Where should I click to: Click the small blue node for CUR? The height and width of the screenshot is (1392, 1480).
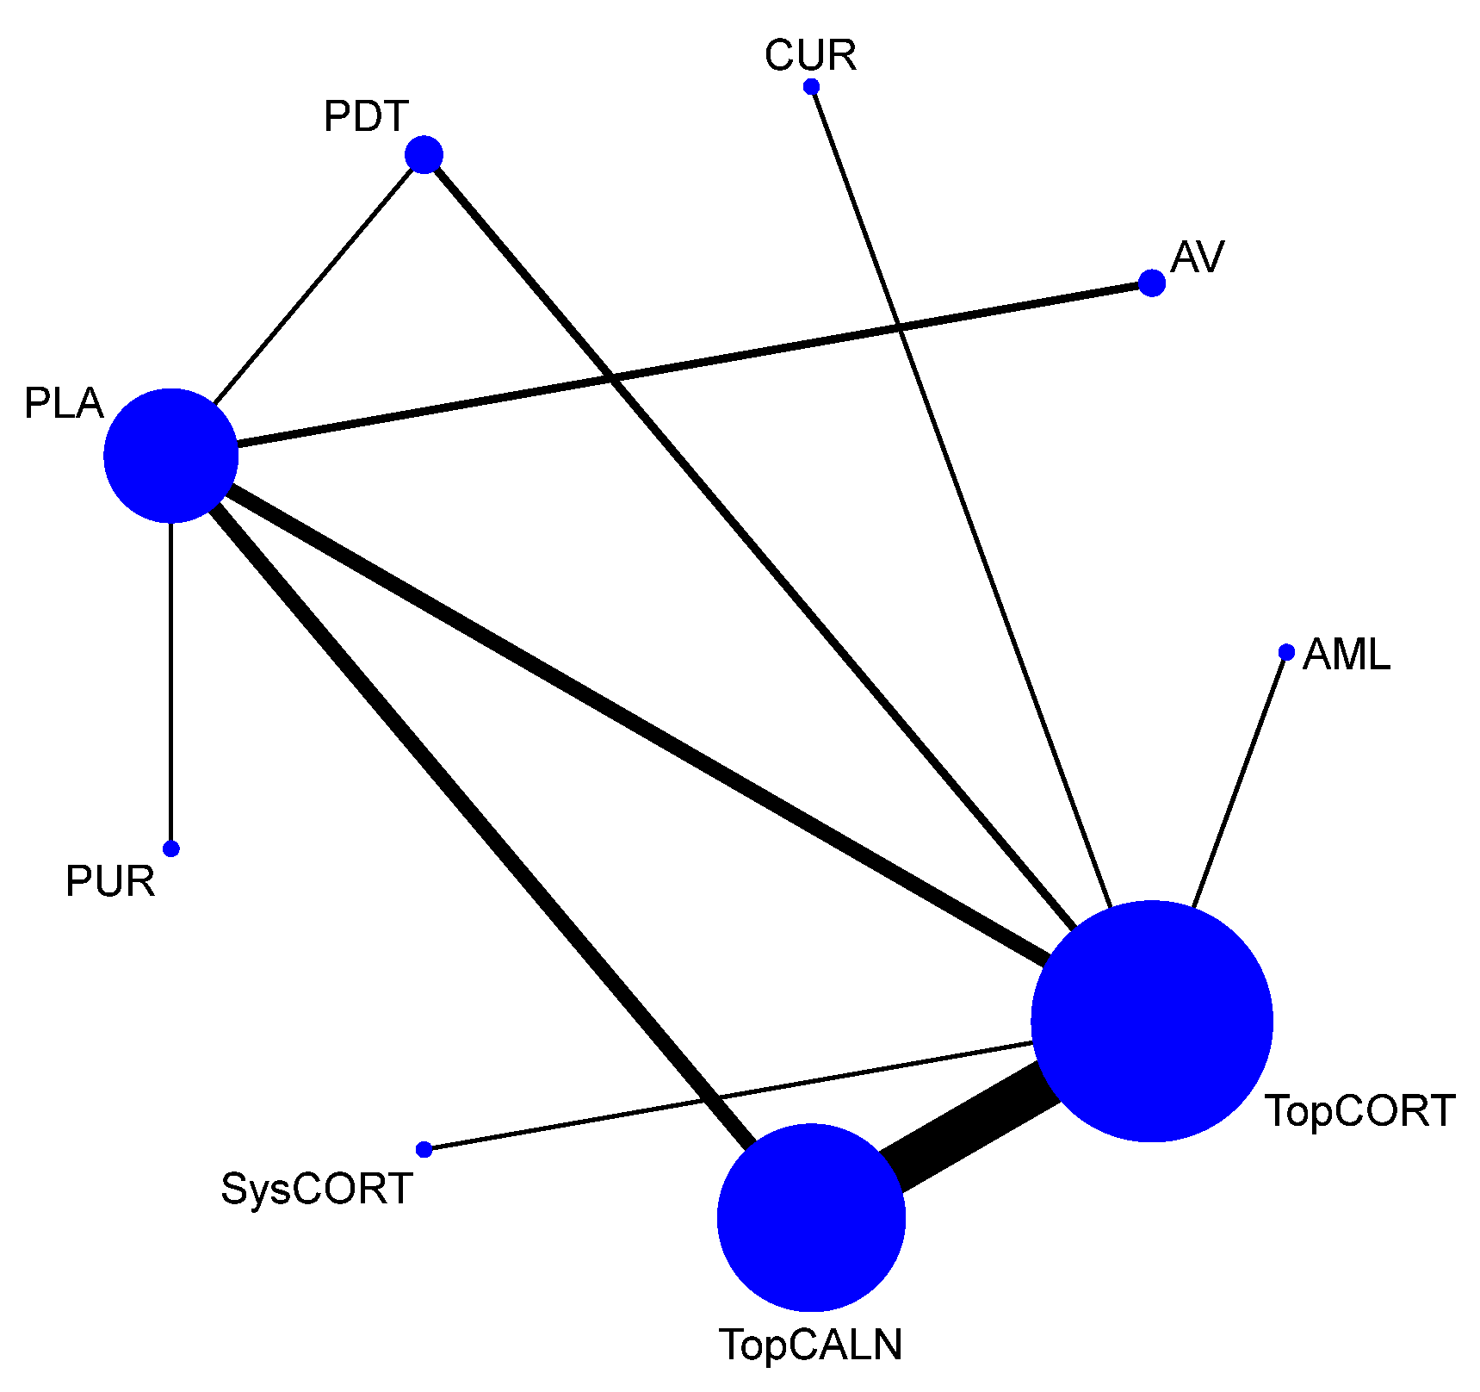pos(811,86)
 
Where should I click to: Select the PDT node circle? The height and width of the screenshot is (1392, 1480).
pos(424,155)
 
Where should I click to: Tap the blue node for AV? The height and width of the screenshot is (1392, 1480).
pos(1152,283)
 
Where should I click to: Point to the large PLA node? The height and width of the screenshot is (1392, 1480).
pos(170,456)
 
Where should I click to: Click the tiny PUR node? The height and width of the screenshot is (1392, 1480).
pos(171,848)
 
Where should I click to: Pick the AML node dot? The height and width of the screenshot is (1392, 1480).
pos(1286,652)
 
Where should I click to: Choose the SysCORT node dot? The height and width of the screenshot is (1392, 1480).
pos(424,1149)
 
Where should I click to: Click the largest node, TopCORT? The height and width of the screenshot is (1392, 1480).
pos(1151,1022)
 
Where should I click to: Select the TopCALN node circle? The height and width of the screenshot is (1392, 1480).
pos(811,1217)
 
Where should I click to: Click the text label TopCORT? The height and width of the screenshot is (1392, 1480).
pos(1359,1111)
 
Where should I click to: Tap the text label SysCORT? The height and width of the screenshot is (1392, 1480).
pos(317,1189)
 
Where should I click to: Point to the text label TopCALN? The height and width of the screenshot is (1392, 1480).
pos(811,1345)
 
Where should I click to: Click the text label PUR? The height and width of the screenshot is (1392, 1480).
pos(110,881)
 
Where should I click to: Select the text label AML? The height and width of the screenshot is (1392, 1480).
pos(1347,656)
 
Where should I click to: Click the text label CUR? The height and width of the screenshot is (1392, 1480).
pos(810,56)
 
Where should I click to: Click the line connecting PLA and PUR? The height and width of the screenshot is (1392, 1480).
pos(171,689)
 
